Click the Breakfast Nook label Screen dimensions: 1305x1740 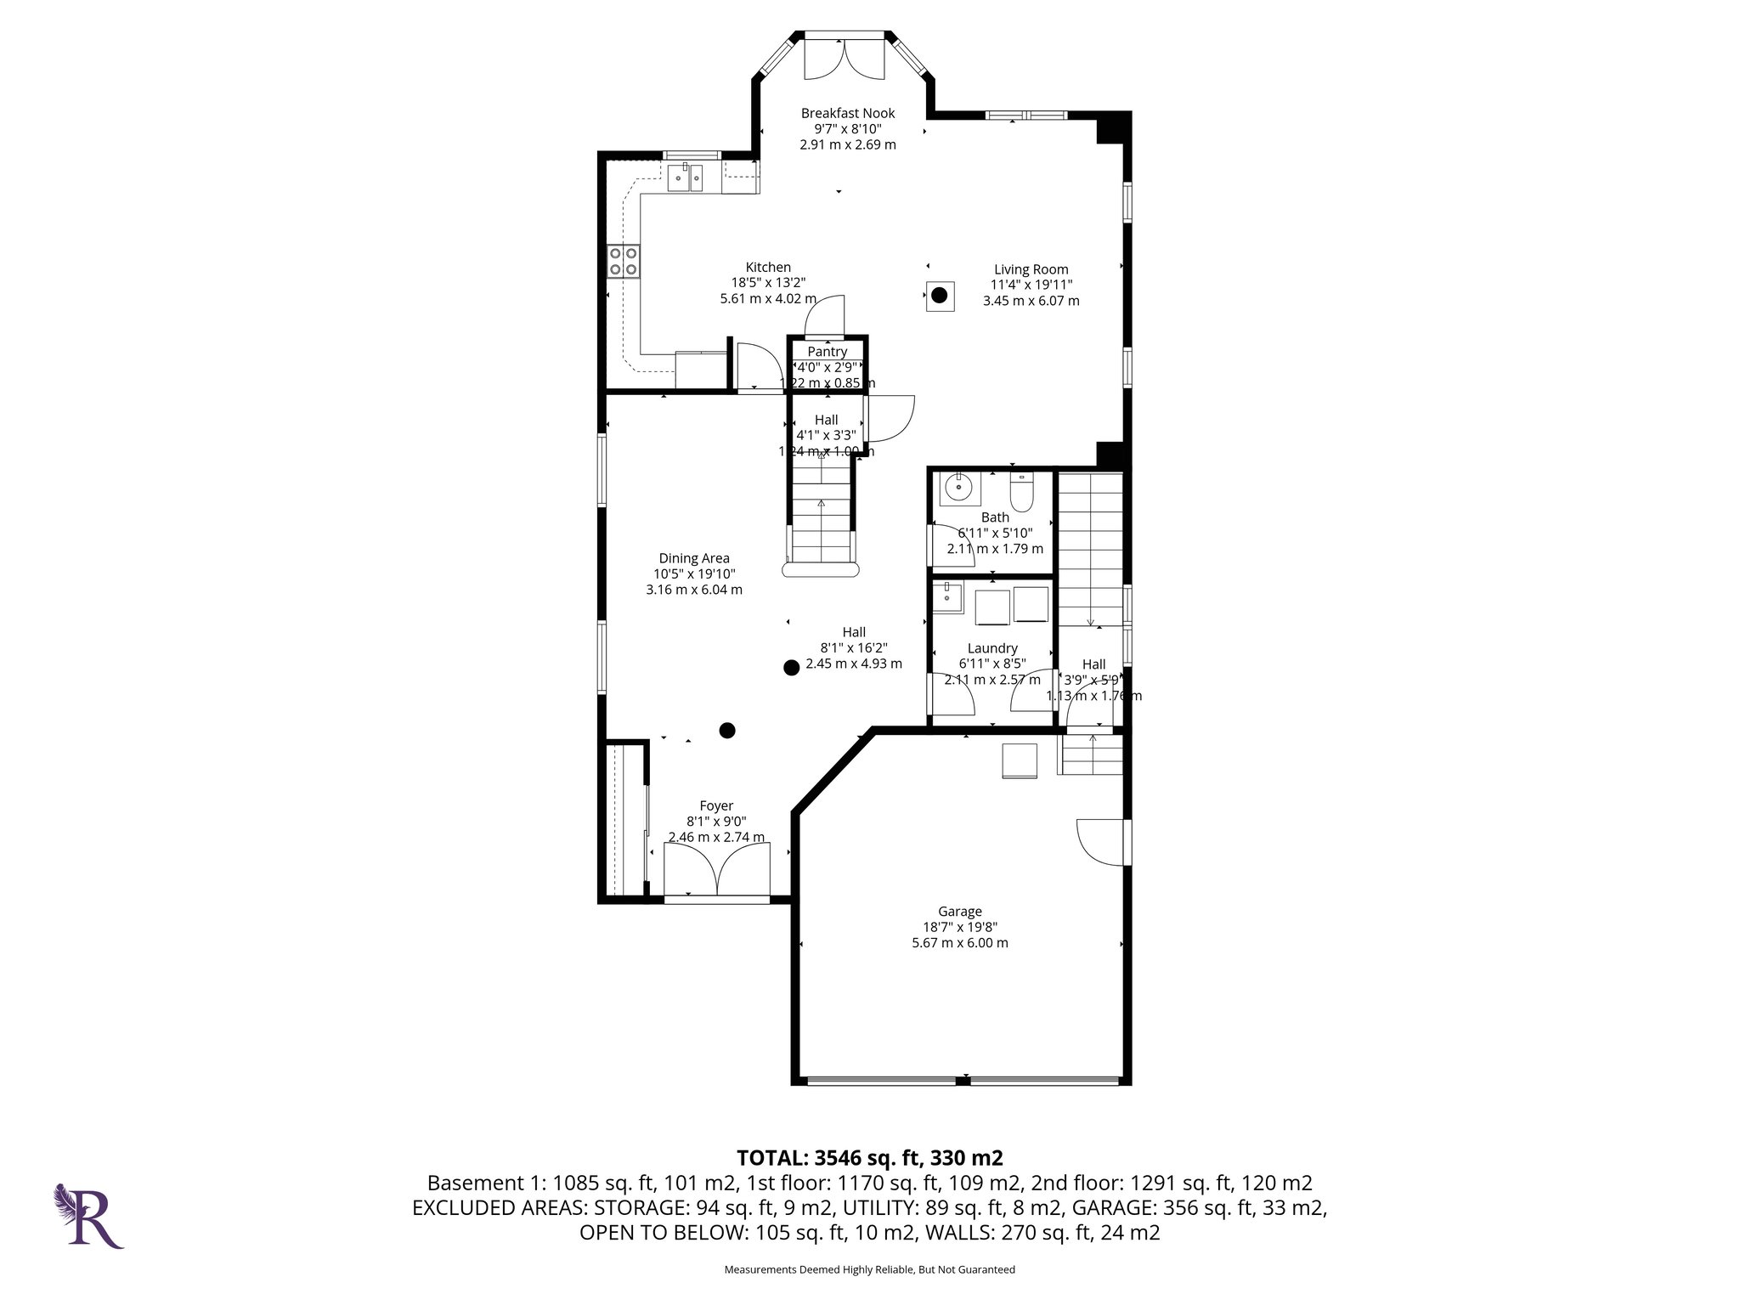tap(847, 113)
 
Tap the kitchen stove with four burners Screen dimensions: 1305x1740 tap(624, 260)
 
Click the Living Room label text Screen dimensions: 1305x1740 tap(1031, 269)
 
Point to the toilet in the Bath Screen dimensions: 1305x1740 tap(1020, 493)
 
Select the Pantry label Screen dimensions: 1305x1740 tap(827, 352)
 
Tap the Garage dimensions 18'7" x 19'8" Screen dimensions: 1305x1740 tap(959, 927)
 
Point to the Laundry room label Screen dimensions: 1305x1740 tap(991, 648)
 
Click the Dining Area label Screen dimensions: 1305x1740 tap(694, 558)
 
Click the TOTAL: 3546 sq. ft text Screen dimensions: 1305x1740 tap(869, 1157)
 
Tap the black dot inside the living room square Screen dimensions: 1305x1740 tap(938, 296)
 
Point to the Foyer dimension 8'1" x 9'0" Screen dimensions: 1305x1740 tap(716, 822)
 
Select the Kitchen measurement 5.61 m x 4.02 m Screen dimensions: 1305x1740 tap(767, 298)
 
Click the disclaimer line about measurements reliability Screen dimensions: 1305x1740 tap(869, 1269)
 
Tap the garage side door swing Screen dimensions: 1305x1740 tap(1100, 841)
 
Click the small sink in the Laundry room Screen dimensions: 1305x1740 tap(947, 596)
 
